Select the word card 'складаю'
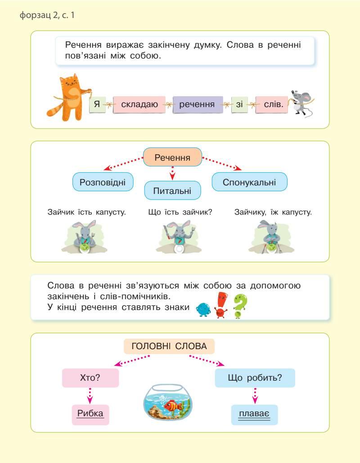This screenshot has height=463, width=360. coord(139,105)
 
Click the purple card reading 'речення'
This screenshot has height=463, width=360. coord(197,105)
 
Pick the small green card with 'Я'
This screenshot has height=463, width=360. coord(97,105)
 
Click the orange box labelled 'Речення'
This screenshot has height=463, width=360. coord(172,158)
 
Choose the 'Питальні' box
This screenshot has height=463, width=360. coord(172,191)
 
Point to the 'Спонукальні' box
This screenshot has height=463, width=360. coord(249,182)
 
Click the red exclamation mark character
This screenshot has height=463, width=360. coord(220,305)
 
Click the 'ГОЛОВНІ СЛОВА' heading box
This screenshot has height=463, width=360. coord(169,346)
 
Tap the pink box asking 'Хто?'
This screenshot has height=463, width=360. coord(90,378)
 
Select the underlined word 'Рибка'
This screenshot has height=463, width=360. coord(90,414)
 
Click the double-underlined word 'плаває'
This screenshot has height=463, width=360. coord(254,414)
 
